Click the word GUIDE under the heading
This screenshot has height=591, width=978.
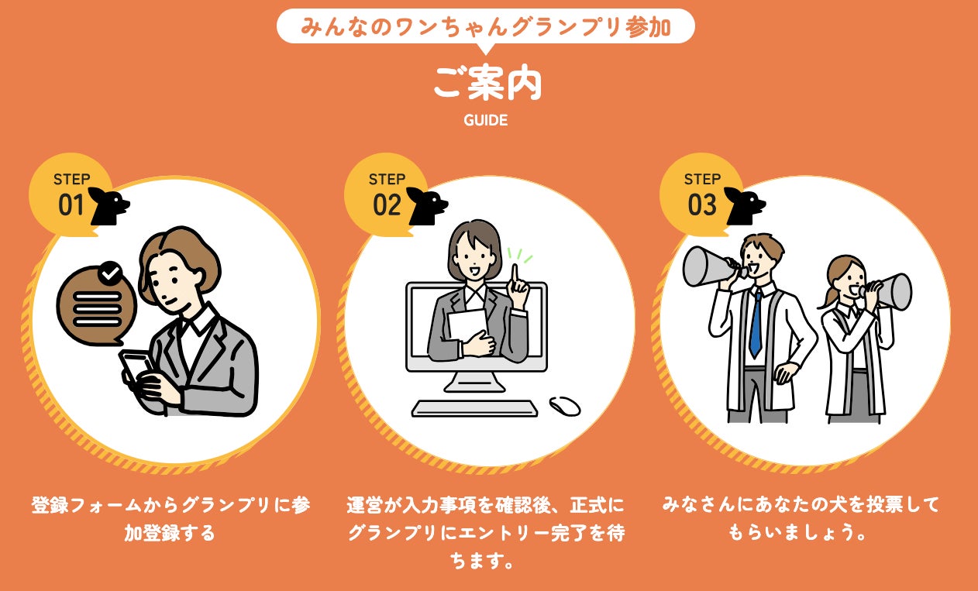pos(485,120)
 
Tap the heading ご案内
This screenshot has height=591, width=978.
pos(487,83)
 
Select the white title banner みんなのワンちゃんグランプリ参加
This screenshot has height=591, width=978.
pos(485,26)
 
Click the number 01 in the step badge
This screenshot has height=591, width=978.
pos(71,204)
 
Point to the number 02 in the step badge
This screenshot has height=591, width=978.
pos(387,204)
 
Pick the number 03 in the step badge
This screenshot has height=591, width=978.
pos(702,204)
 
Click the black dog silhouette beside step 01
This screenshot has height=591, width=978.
pos(108,206)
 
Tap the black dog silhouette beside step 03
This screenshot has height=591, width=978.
pos(745,206)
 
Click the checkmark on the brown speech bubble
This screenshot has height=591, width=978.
pos(110,273)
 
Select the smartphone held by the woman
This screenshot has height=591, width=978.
pos(136,369)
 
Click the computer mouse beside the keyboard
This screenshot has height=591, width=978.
pos(565,406)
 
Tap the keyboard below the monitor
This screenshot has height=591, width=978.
pos(474,408)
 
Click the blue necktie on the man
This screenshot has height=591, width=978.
pos(756,324)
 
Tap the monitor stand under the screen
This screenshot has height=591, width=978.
pos(474,382)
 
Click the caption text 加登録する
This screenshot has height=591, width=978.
pos(170,533)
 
